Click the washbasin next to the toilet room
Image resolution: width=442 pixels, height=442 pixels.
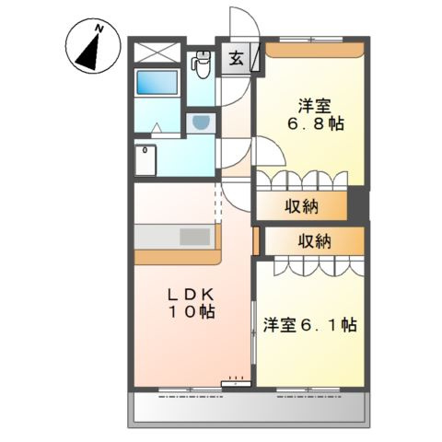pos(201,122)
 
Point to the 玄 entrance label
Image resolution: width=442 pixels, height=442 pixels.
pos(236,61)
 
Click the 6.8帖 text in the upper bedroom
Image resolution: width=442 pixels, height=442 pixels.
pos(313,122)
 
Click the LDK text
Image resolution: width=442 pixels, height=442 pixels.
pos(191,294)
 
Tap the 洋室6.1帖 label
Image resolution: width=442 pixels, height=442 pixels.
pos(309,324)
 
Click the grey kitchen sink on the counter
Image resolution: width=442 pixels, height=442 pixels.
pos(194,237)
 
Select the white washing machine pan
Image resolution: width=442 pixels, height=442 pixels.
pos(147,160)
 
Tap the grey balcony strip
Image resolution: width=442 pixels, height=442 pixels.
pos(249,406)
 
